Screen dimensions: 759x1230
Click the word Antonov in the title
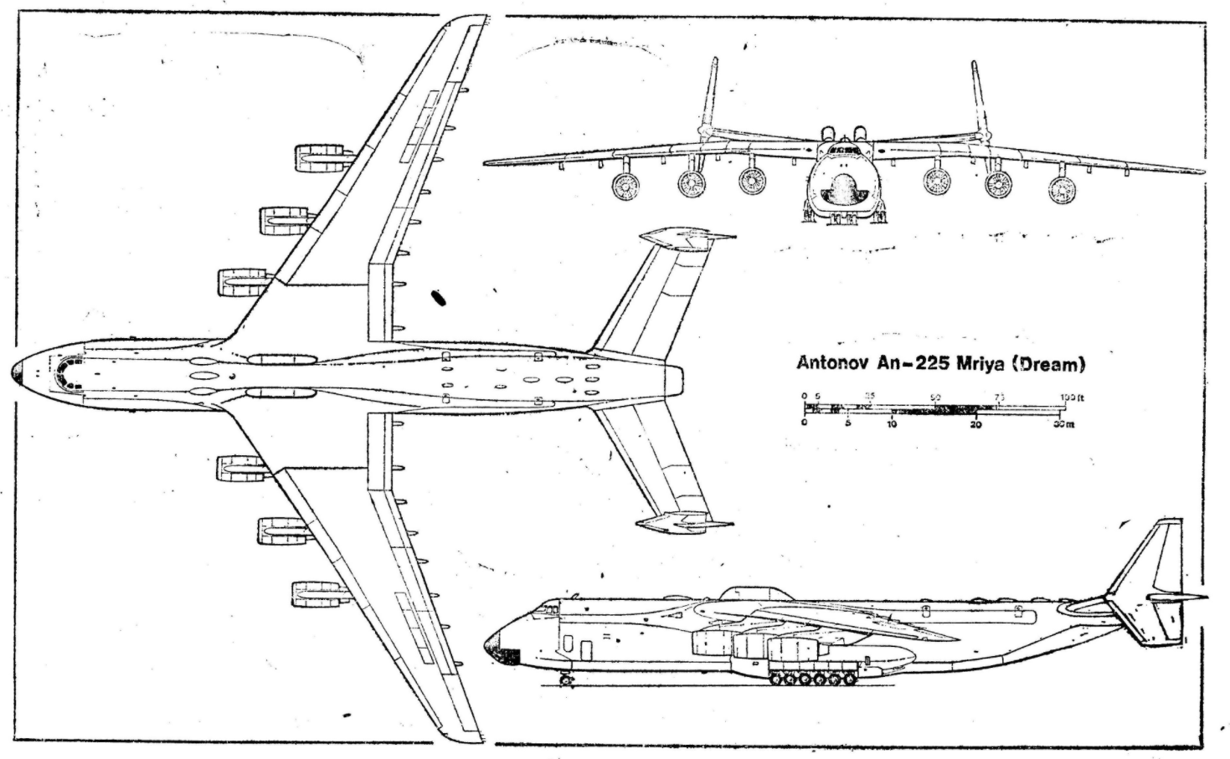point(831,364)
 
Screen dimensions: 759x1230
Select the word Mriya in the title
point(977,364)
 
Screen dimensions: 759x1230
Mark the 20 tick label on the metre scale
point(975,424)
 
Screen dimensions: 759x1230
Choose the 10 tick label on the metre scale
point(891,424)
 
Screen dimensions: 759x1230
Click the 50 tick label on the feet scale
point(935,397)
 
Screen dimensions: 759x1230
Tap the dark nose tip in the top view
point(17,372)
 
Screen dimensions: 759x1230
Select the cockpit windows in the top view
point(60,372)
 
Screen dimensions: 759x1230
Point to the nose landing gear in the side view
point(567,678)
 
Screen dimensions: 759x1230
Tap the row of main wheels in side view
point(808,680)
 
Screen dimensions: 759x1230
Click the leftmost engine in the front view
point(624,187)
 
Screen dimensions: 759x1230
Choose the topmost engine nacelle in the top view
point(319,156)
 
